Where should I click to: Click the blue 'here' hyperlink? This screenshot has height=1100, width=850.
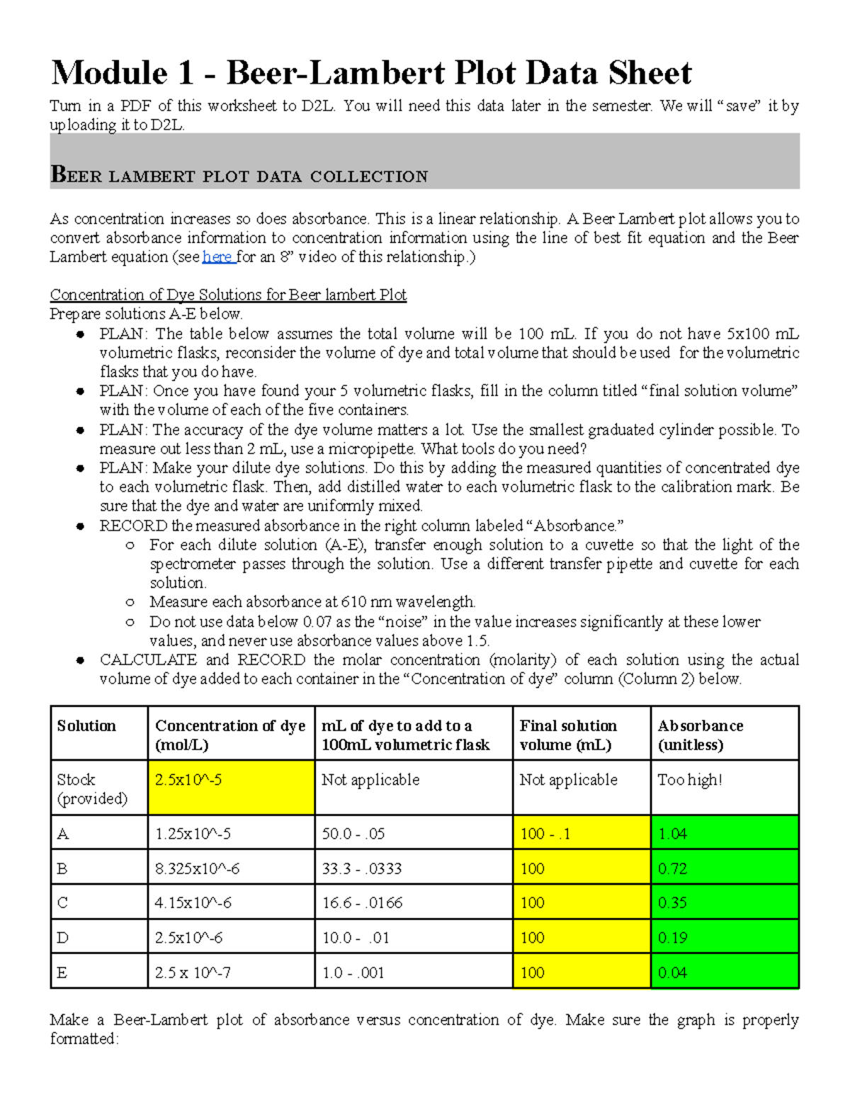[217, 257]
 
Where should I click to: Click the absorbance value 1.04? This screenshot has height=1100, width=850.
[672, 834]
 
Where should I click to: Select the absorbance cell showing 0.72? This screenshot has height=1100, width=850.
[672, 868]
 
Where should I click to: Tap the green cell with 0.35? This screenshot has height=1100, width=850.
[672, 903]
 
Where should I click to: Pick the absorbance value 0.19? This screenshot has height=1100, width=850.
[672, 938]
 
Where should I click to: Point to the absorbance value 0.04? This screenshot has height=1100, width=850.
[672, 973]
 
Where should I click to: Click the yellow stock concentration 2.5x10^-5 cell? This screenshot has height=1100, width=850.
[231, 787]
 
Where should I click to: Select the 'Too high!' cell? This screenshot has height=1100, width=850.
[690, 780]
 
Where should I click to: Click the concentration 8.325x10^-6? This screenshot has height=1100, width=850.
[197, 868]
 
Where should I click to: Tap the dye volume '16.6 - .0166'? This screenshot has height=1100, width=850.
[362, 903]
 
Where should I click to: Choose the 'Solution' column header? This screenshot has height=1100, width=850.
[86, 726]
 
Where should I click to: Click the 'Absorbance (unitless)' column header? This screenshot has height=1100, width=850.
[700, 735]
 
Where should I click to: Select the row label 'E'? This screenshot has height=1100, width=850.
[62, 973]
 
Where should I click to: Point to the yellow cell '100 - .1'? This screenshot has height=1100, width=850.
[545, 834]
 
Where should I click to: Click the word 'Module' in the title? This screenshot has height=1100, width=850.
[109, 73]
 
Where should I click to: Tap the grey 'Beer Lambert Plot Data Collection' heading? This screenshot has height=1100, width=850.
[239, 175]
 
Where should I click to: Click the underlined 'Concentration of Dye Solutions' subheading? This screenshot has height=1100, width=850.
[227, 295]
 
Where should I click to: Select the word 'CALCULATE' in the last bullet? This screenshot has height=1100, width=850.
[148, 659]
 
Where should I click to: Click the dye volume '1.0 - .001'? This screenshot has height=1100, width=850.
[353, 973]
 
